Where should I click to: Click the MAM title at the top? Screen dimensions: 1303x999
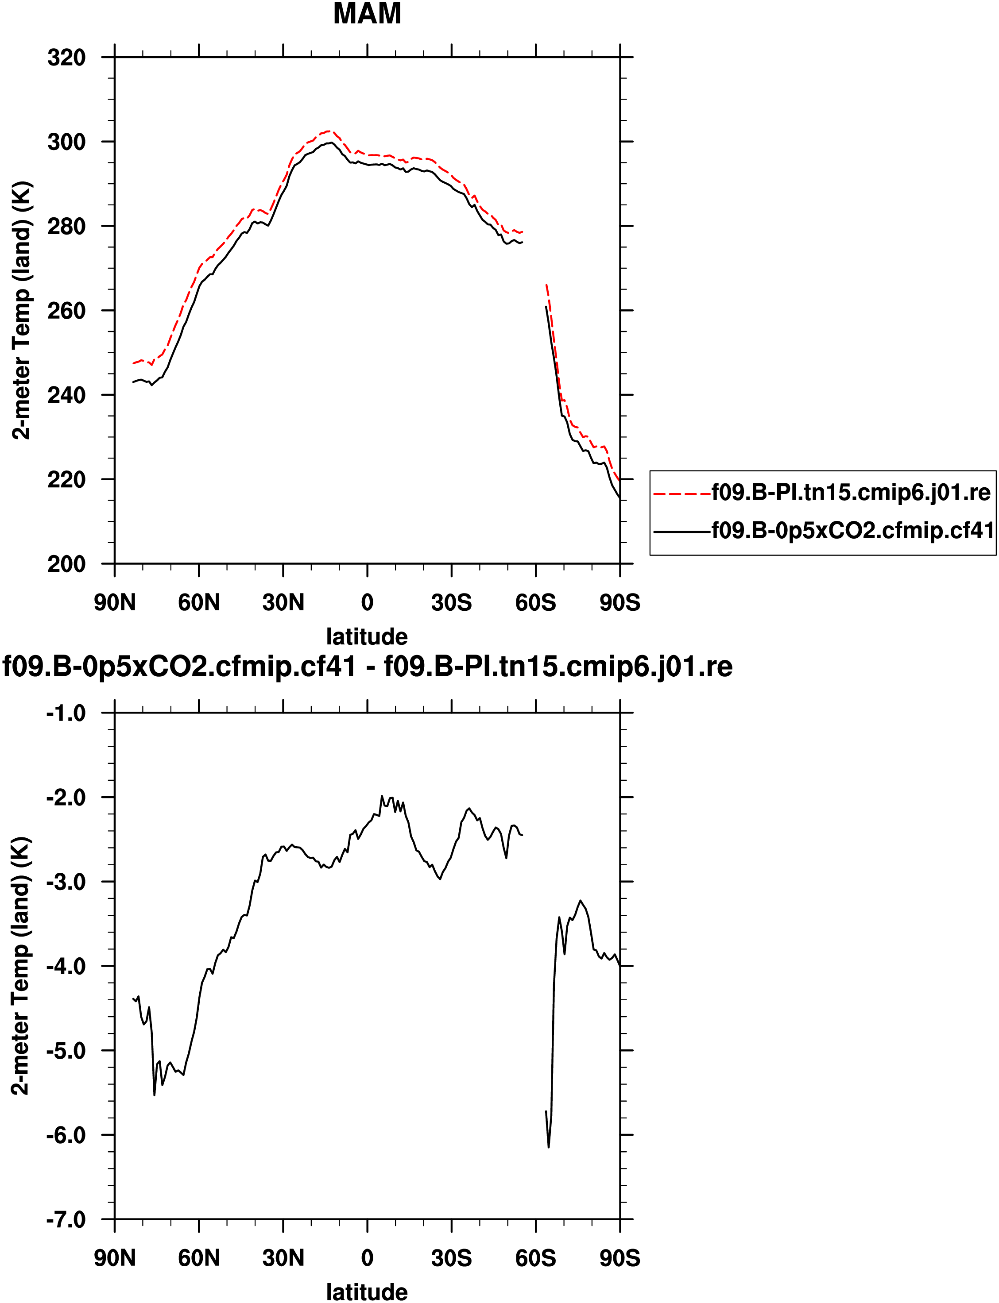click(367, 14)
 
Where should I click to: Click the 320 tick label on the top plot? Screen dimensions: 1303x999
click(66, 58)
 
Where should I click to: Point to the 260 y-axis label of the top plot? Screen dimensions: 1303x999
click(66, 310)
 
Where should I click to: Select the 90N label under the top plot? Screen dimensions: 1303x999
click(115, 603)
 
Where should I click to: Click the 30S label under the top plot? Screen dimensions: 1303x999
click(451, 603)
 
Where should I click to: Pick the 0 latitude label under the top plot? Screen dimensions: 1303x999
click(367, 603)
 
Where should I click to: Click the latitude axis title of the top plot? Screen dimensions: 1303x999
click(367, 636)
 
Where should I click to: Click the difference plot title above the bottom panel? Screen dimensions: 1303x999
click(368, 667)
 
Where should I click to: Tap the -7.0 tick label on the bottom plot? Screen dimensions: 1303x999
click(66, 1220)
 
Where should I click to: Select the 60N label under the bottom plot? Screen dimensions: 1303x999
click(199, 1258)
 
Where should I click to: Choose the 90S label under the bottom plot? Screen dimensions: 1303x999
click(620, 1258)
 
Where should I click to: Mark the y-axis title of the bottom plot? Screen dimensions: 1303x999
click(21, 966)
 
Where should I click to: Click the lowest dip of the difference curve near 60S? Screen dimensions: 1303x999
click(548, 1147)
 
